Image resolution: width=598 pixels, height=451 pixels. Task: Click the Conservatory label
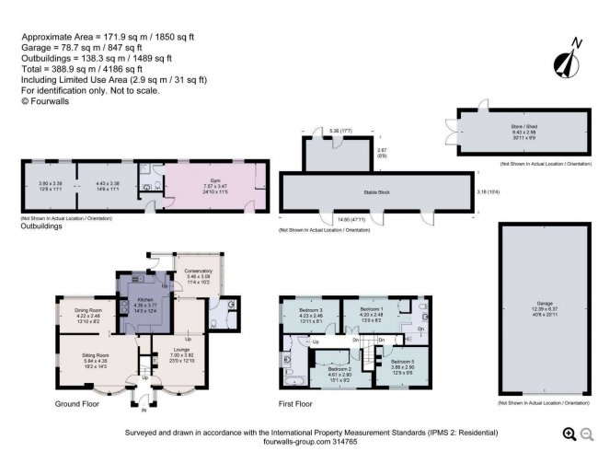tap(199, 271)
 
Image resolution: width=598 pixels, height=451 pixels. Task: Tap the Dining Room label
tap(86, 310)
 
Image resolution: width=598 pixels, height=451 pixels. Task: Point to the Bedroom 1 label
tap(371, 308)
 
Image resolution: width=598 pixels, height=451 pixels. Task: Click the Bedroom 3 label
tap(311, 308)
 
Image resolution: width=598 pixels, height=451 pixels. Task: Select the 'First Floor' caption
tap(295, 404)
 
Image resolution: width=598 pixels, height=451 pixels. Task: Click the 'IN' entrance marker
tap(143, 397)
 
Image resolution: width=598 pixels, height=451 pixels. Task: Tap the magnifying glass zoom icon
tap(569, 434)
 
